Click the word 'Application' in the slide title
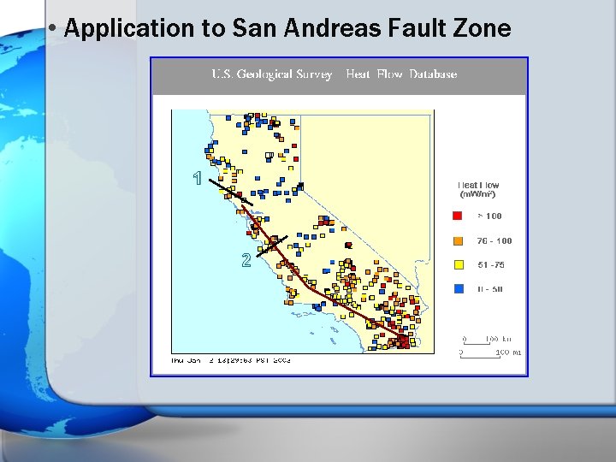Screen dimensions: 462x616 [117, 29]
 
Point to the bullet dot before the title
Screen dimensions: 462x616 [53, 28]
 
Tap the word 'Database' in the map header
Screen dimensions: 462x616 [433, 74]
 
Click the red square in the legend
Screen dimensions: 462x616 [459, 216]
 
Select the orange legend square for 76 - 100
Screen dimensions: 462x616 [459, 240]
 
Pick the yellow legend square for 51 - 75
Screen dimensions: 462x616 [459, 265]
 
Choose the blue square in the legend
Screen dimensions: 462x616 [459, 289]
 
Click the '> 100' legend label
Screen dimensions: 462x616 [489, 216]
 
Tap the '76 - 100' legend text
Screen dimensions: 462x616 [495, 241]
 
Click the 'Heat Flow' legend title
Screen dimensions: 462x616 [478, 185]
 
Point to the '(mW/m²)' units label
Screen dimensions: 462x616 [478, 194]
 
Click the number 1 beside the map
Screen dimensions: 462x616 [198, 179]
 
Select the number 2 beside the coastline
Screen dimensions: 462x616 [246, 260]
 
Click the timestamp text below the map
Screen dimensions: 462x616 [231, 360]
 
